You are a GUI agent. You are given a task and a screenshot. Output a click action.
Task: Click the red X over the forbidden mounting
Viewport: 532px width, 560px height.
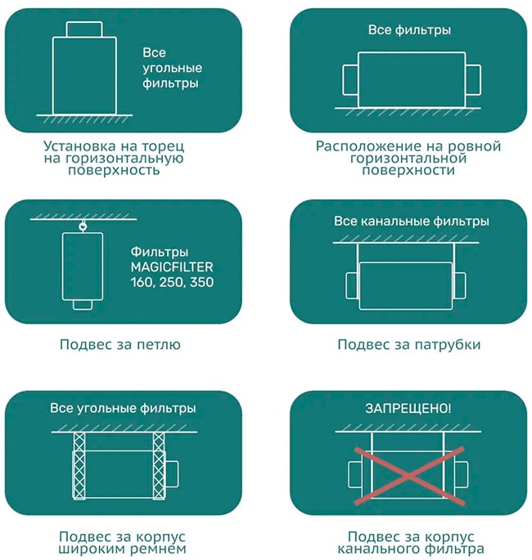(409, 476)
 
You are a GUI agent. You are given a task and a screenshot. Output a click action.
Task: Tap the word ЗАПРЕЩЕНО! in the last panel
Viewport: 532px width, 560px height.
(408, 408)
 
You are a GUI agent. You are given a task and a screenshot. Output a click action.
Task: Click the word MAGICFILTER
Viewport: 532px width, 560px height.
(172, 267)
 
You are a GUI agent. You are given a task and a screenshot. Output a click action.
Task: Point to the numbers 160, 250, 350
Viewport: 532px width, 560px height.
(172, 283)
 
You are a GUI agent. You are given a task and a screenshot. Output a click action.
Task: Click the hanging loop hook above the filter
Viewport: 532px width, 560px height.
(83, 226)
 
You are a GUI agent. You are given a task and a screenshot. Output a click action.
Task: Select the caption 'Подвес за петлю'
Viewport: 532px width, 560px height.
(120, 345)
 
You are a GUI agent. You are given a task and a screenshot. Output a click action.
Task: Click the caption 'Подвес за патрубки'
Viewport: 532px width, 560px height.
(409, 345)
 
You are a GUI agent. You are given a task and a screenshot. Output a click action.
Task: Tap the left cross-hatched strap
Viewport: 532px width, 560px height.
(79, 466)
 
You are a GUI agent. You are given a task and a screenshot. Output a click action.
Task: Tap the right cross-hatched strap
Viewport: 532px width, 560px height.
(159, 466)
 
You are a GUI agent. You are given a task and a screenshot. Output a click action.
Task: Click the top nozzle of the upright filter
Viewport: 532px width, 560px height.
(84, 29)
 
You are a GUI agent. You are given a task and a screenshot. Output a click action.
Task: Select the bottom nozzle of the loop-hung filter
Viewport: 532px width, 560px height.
(83, 305)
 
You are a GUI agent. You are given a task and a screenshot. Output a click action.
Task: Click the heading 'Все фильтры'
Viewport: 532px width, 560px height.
(409, 30)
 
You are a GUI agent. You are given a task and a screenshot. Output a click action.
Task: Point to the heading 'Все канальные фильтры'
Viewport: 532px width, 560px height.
(412, 221)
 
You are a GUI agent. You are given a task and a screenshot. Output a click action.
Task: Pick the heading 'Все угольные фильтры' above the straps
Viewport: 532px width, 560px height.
(123, 408)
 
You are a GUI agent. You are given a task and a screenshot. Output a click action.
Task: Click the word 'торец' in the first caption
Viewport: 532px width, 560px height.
(163, 146)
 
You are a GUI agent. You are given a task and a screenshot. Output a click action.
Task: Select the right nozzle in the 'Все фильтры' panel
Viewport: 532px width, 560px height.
(473, 80)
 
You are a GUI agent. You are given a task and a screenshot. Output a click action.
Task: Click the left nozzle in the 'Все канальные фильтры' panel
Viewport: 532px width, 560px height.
(353, 285)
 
